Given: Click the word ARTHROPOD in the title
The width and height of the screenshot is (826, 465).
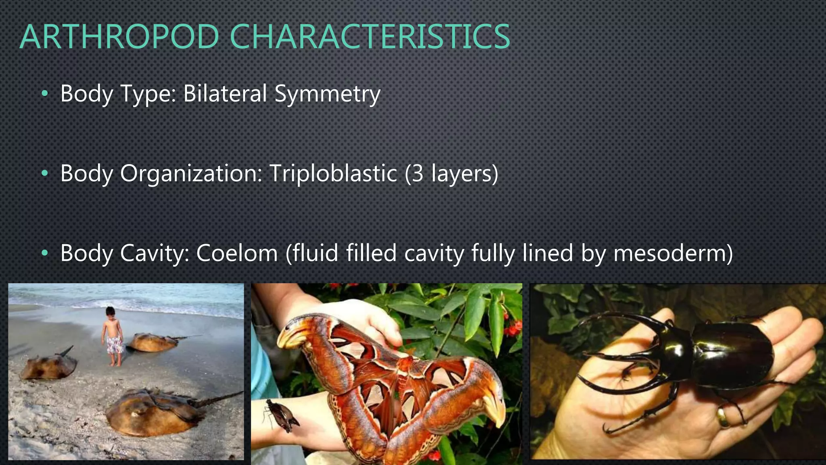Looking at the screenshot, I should [x=119, y=37].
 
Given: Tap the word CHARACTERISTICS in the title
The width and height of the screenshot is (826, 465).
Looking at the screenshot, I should [x=370, y=37].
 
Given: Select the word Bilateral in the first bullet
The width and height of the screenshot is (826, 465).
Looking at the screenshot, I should [x=225, y=94].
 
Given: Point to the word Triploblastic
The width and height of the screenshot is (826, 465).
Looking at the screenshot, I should [x=333, y=174].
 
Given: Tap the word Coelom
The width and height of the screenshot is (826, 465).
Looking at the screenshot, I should [x=237, y=253].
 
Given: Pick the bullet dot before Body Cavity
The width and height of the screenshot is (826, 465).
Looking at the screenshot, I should [x=45, y=253].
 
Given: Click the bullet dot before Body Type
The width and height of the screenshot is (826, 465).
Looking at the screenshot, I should [x=45, y=94].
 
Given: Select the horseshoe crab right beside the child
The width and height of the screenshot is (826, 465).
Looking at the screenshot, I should [x=155, y=342].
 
